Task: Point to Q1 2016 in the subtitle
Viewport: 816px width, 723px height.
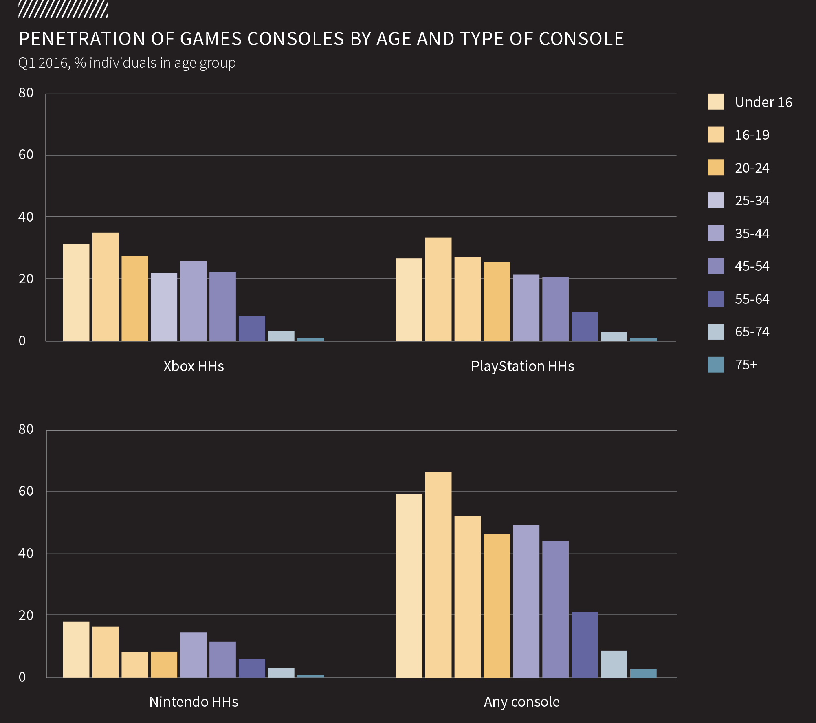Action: pyautogui.click(x=43, y=63)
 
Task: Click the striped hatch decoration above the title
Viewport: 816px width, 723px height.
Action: pyautogui.click(x=63, y=10)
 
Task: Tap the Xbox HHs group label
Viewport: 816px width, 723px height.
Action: pyautogui.click(x=194, y=366)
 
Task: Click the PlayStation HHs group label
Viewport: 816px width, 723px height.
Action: pyautogui.click(x=522, y=366)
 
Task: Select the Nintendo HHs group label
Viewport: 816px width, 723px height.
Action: pyautogui.click(x=194, y=702)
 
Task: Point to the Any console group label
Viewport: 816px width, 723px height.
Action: pyautogui.click(x=521, y=702)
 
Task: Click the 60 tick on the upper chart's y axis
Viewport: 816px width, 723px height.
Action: pyautogui.click(x=26, y=155)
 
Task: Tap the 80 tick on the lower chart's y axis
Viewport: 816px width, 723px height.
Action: pyautogui.click(x=26, y=429)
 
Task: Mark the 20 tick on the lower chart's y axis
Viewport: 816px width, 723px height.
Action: pyautogui.click(x=26, y=615)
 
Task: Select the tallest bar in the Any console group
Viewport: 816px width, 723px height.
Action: pyautogui.click(x=438, y=574)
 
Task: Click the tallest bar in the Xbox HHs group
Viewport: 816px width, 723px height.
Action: pyautogui.click(x=105, y=287)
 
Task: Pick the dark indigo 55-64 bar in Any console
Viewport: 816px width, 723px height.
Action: pyautogui.click(x=585, y=644)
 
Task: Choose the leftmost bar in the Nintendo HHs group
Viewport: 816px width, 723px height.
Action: pyautogui.click(x=76, y=649)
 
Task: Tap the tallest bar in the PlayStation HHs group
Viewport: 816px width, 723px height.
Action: pyautogui.click(x=438, y=289)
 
